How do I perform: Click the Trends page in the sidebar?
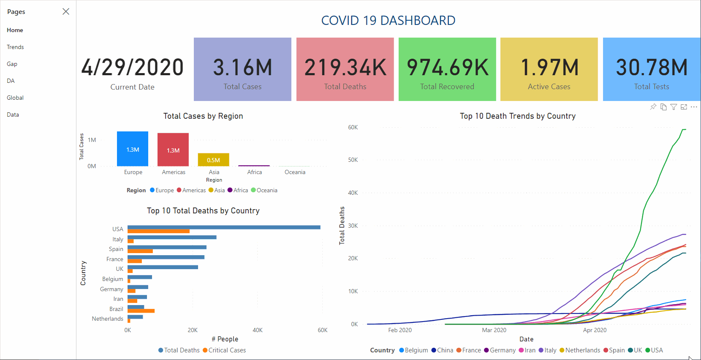coord(15,47)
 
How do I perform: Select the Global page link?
coord(15,98)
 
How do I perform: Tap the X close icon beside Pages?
coord(66,11)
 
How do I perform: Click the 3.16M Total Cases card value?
coord(242,68)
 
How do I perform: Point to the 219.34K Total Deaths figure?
coord(345,68)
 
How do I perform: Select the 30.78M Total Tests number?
coord(652,68)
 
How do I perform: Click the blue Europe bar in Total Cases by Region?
coord(133,149)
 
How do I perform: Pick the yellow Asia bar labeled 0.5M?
coord(214,160)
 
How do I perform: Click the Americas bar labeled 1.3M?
coord(173,150)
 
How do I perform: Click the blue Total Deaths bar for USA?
coord(224,227)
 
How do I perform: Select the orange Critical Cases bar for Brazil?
coord(141,311)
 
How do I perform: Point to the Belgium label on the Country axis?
coord(113,279)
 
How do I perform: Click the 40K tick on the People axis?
coord(258,330)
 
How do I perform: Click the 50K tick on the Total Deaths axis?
coord(353,160)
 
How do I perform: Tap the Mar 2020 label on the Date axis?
coord(494,330)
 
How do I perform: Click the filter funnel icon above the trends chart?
coord(674,107)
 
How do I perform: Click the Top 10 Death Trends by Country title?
coord(518,116)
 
